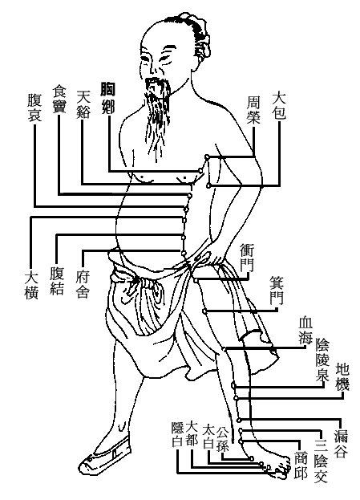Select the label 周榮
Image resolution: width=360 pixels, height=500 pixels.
[254, 110]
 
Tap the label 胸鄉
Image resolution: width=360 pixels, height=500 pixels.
[107, 98]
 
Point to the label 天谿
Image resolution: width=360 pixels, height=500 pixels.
[84, 104]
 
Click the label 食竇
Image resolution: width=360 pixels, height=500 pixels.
[59, 99]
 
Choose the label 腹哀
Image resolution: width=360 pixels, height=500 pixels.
[34, 108]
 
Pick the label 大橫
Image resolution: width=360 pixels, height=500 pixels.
[31, 285]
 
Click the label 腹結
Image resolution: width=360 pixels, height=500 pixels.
[57, 281]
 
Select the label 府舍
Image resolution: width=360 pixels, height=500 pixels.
[83, 284]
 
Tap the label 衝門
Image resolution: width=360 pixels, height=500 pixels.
[247, 258]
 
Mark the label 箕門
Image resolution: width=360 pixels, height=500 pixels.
[276, 291]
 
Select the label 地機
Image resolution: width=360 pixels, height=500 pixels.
[342, 377]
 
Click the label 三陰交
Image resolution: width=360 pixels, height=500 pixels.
[322, 461]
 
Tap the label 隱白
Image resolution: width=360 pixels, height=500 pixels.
[177, 435]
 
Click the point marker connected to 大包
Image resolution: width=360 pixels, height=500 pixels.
[208, 185]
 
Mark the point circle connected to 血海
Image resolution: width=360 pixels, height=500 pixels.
[224, 349]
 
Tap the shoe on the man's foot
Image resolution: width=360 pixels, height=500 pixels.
[105, 453]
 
